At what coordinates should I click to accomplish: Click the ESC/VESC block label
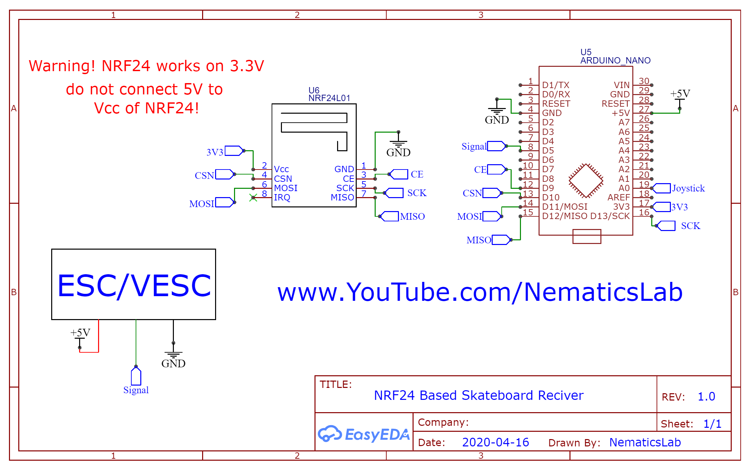click(x=134, y=285)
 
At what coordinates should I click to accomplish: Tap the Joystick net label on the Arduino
click(x=688, y=188)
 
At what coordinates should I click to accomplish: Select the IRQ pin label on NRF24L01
click(x=282, y=197)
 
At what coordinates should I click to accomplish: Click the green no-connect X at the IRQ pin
click(x=253, y=198)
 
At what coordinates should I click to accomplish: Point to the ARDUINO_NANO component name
click(x=615, y=60)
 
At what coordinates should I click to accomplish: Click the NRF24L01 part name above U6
click(x=329, y=98)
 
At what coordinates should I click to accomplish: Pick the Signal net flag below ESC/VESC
click(x=136, y=377)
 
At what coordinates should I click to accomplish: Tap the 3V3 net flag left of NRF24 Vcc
click(x=234, y=151)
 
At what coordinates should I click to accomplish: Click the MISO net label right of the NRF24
click(x=412, y=216)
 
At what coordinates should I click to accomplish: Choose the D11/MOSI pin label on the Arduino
click(x=564, y=207)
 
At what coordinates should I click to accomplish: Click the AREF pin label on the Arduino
click(x=618, y=197)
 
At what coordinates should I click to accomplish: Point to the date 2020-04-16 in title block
click(x=495, y=442)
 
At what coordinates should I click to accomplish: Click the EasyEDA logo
click(x=364, y=434)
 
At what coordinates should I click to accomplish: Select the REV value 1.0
click(x=706, y=397)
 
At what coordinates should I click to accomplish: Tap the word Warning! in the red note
click(x=62, y=66)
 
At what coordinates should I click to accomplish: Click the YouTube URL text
click(x=480, y=292)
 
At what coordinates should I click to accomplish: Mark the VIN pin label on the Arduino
click(x=622, y=85)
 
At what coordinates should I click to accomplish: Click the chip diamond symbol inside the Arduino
click(x=586, y=181)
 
